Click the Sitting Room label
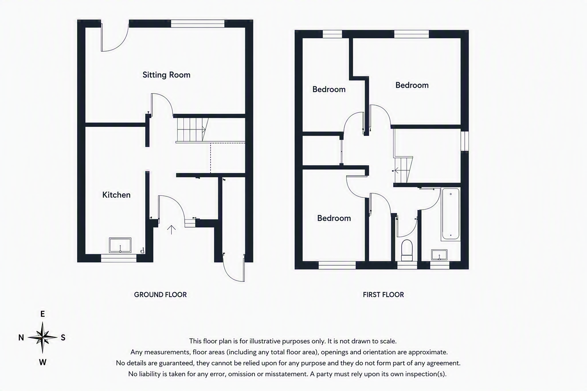point(166,75)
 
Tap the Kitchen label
point(116,195)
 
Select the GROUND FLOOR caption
point(161,295)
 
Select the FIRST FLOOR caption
point(383,295)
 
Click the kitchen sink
point(120,246)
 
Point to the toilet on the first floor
point(407,250)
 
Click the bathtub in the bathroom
point(451,214)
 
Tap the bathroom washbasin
point(439,255)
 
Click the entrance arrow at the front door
point(171,230)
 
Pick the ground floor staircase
point(193,130)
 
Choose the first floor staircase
point(403,170)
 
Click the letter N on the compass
point(21,338)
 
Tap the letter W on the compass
point(42,362)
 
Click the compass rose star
point(42,337)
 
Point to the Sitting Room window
point(198,24)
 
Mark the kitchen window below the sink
point(119,258)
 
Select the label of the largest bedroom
point(412,85)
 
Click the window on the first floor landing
point(465,141)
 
